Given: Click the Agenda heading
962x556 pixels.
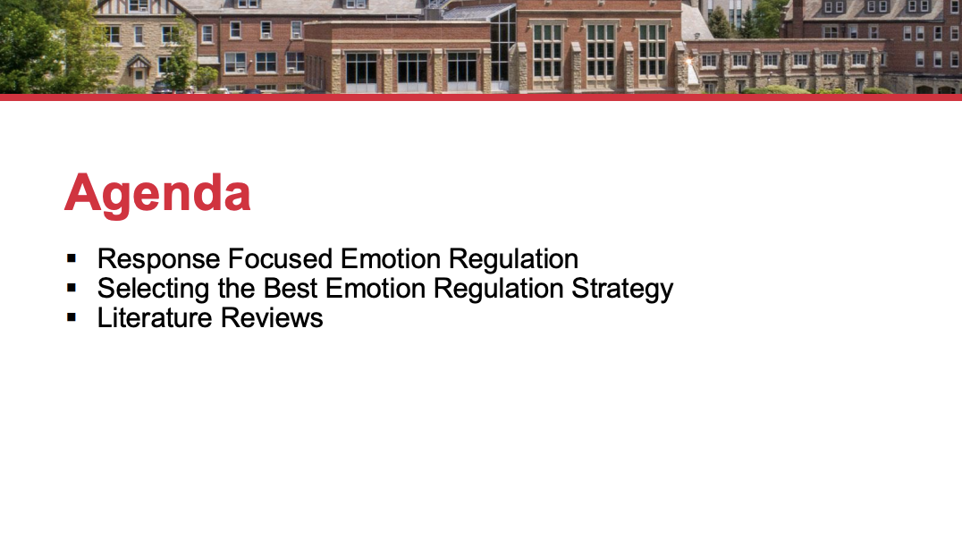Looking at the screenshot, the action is (157, 194).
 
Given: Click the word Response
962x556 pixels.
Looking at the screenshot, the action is (159, 260).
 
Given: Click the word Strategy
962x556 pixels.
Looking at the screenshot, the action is (622, 290).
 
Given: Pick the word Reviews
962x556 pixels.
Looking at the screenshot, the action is (272, 317).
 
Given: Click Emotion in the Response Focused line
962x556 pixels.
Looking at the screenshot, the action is (390, 258).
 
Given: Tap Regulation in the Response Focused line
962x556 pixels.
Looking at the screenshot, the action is (513, 260).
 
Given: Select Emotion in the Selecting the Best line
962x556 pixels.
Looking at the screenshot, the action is (376, 288).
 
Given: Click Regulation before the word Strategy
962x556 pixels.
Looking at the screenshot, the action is (498, 290).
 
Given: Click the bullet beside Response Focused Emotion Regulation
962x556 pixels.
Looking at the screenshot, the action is (72, 258).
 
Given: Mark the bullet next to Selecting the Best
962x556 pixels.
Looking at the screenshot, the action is (72, 288).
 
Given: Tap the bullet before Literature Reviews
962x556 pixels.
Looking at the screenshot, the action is (72, 317).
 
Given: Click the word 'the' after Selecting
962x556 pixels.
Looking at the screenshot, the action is (236, 288).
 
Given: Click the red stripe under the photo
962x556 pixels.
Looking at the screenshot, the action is (481, 97).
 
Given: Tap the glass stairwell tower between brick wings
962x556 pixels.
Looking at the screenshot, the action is (503, 46).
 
